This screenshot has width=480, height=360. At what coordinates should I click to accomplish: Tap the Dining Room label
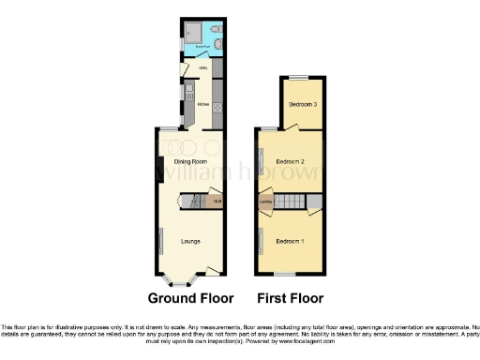click(x=190, y=162)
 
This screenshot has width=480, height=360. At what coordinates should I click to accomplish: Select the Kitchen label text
click(x=202, y=104)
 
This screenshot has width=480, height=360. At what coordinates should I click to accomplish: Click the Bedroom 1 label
click(x=290, y=242)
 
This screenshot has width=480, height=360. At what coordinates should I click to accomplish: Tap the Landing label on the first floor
click(x=265, y=202)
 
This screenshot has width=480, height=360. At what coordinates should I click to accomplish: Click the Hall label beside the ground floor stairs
click(x=217, y=202)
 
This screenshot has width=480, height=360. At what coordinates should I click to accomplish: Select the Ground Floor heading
click(x=191, y=299)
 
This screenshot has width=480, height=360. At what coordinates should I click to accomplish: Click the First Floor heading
click(x=291, y=299)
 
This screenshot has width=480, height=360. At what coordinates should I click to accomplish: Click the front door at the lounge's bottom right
click(x=215, y=273)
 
